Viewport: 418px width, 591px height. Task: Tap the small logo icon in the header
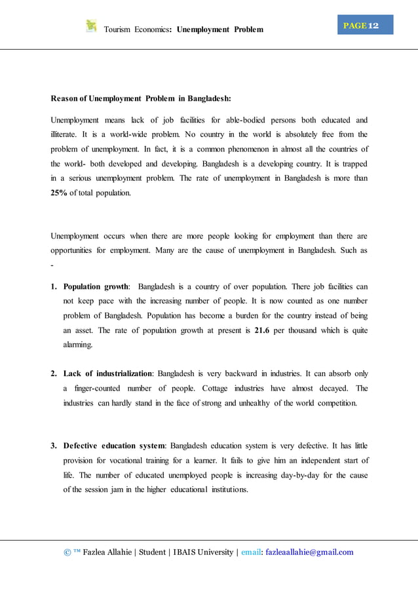[91, 26]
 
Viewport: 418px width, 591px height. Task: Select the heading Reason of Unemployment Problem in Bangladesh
[141, 99]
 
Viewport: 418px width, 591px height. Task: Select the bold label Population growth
[96, 287]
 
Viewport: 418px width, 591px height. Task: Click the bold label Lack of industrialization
[107, 373]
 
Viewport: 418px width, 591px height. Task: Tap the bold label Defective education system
[113, 446]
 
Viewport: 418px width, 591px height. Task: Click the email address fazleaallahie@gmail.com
[309, 552]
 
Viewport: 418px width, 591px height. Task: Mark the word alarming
[77, 345]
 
